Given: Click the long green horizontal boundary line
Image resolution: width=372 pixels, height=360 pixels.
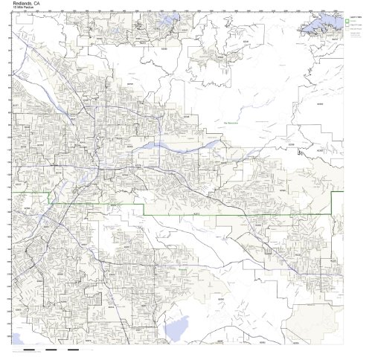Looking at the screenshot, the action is pos(223,214).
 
